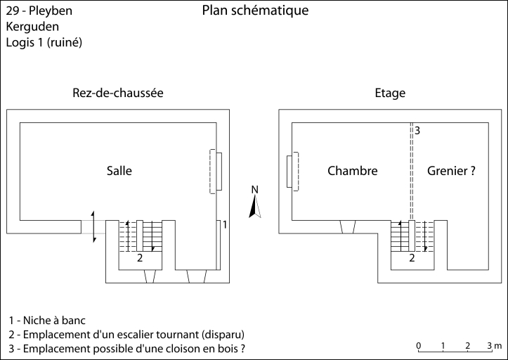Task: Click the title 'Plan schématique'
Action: (255, 11)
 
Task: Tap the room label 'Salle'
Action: (119, 171)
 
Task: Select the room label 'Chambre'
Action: (353, 171)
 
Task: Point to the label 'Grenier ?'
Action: (446, 171)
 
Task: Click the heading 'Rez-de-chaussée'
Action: (118, 93)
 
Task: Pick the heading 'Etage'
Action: (391, 93)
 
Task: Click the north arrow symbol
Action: (256, 207)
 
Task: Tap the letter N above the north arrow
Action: (256, 189)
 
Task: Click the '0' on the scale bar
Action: (419, 345)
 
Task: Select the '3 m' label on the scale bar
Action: (493, 345)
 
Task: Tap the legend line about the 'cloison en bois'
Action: (129, 349)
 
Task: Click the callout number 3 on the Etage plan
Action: (417, 131)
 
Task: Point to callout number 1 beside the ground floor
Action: (225, 224)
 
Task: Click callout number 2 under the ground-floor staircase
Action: (140, 258)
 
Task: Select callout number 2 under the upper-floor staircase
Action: (412, 258)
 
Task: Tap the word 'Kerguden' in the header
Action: (32, 27)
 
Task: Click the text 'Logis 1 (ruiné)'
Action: (44, 42)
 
